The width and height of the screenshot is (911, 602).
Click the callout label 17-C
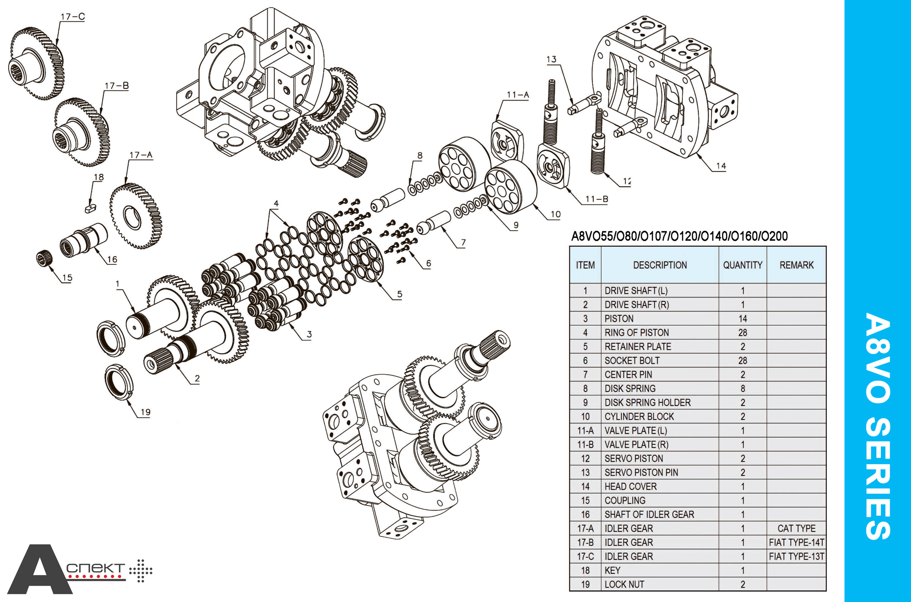click(72, 17)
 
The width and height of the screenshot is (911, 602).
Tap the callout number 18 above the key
click(99, 177)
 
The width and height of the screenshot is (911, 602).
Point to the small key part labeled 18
click(90, 208)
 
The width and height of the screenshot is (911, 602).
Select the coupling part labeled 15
click(44, 258)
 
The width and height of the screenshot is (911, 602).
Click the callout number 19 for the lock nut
click(145, 412)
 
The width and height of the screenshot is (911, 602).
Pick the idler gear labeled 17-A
click(136, 216)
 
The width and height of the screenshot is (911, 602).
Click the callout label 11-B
click(597, 199)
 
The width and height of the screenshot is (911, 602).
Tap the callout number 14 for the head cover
click(721, 166)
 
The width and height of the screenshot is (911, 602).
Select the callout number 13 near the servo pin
click(551, 60)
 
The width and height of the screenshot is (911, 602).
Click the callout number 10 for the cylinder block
click(555, 214)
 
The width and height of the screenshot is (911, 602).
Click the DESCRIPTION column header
click(660, 265)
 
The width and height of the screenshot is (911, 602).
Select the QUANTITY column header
click(742, 265)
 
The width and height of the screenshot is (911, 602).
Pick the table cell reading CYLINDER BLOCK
click(639, 416)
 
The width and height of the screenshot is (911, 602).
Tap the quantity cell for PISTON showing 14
click(742, 319)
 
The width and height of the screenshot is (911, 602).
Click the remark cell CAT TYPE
click(796, 528)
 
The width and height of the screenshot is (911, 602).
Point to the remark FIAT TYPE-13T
click(796, 556)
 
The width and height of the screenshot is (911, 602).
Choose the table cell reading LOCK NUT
click(624, 584)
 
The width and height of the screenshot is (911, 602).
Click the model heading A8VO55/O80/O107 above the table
click(679, 236)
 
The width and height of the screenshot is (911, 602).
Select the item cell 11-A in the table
click(585, 430)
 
